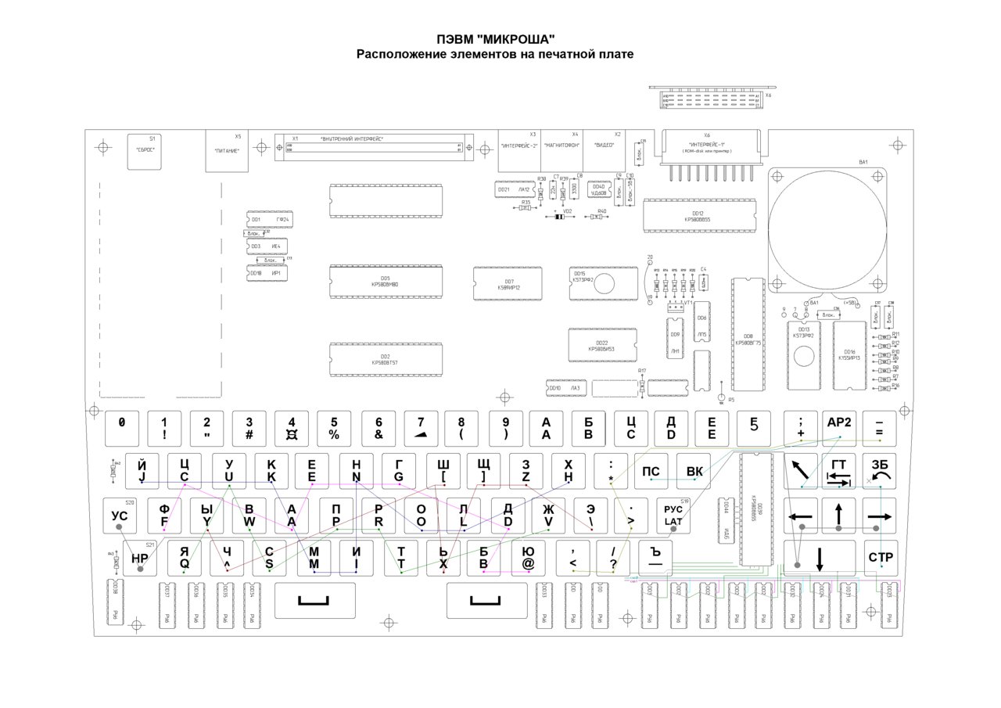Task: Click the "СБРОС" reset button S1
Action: tap(145, 146)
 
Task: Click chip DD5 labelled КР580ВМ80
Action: tap(386, 282)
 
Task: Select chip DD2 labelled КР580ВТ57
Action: tap(386, 359)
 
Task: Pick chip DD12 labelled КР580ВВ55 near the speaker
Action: tap(698, 216)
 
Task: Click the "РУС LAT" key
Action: tap(673, 515)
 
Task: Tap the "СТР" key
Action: tap(881, 558)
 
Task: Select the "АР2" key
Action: tap(838, 427)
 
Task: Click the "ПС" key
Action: tap(651, 472)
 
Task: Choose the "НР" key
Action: tap(140, 558)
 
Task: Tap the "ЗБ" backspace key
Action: tap(881, 471)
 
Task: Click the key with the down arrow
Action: tap(820, 558)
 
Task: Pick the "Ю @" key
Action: tap(528, 557)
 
